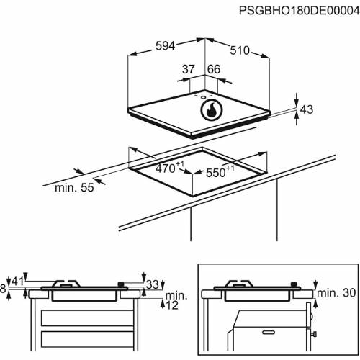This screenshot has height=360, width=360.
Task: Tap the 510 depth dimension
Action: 240,50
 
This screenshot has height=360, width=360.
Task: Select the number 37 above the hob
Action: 189,69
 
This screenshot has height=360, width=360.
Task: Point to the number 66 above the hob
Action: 213,69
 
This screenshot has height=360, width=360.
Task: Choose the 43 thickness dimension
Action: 307,109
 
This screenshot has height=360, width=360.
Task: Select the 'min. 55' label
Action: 75,189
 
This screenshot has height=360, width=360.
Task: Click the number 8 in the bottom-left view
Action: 4,289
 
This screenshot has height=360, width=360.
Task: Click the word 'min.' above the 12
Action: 176,295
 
